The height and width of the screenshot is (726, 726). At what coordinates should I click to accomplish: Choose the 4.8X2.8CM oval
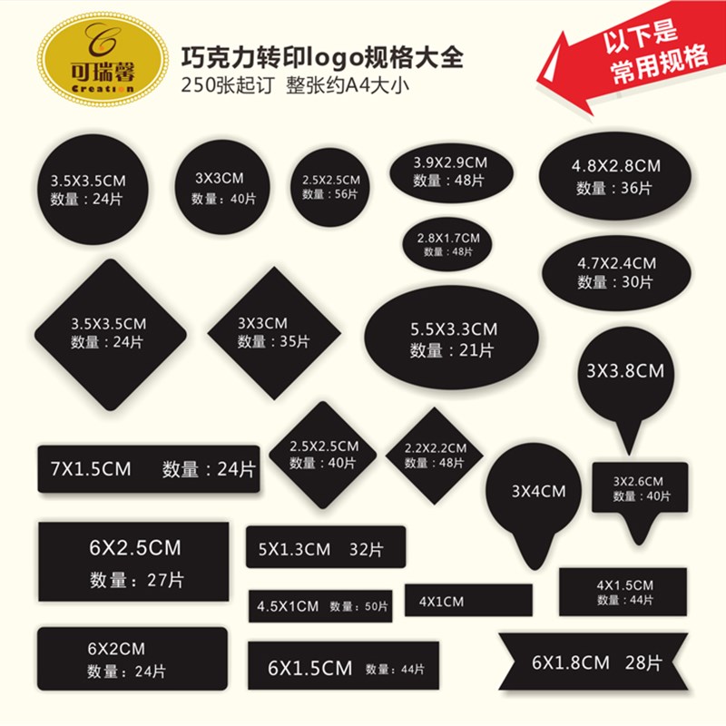pyautogui.click(x=615, y=176)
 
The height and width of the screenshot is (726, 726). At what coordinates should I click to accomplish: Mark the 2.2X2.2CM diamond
pyautogui.click(x=435, y=455)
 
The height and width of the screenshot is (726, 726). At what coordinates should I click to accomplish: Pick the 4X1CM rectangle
pyautogui.click(x=468, y=601)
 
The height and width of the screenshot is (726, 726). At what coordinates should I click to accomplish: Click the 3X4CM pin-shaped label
pyautogui.click(x=537, y=495)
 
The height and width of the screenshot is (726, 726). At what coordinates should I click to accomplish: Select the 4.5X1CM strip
pyautogui.click(x=319, y=606)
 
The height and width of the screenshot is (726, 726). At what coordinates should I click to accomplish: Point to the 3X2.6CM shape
pyautogui.click(x=640, y=487)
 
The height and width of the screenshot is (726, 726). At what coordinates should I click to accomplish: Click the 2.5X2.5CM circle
pyautogui.click(x=330, y=187)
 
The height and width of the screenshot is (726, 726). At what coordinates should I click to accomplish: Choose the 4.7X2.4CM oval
pyautogui.click(x=615, y=271)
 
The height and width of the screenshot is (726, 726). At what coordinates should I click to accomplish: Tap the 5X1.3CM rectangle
pyautogui.click(x=325, y=548)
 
